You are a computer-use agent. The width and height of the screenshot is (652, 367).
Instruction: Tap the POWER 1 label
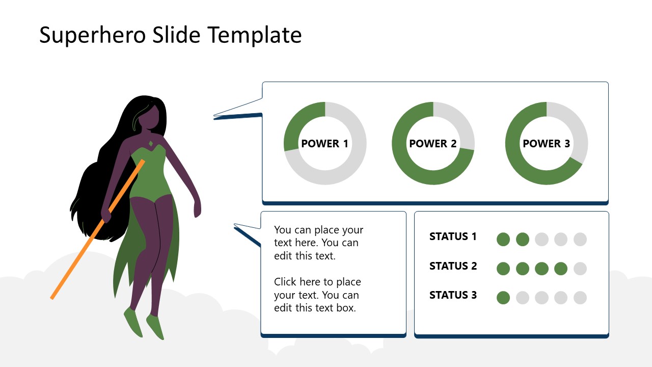tap(324, 144)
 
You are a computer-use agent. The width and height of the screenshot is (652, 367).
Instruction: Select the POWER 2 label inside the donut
tap(433, 144)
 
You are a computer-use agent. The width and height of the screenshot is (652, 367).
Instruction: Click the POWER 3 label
tap(546, 144)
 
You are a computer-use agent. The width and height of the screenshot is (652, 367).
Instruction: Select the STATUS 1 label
tap(453, 237)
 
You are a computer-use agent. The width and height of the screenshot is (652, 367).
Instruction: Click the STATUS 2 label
tap(453, 266)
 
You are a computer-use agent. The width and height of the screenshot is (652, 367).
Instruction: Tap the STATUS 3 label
tap(453, 295)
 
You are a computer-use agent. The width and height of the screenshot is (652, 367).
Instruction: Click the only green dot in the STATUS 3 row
tap(503, 298)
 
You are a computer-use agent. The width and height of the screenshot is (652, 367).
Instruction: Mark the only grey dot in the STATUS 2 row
tap(580, 269)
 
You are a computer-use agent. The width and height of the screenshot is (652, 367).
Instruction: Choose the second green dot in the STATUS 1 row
tap(523, 239)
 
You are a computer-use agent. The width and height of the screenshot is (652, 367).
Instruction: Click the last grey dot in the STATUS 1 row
tap(580, 239)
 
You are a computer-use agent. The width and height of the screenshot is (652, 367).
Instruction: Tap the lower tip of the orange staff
tap(52, 297)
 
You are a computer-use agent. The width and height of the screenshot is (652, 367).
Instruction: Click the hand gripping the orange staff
tap(106, 215)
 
